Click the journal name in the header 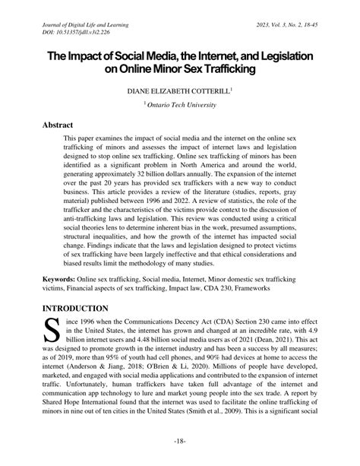(x=86, y=25)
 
